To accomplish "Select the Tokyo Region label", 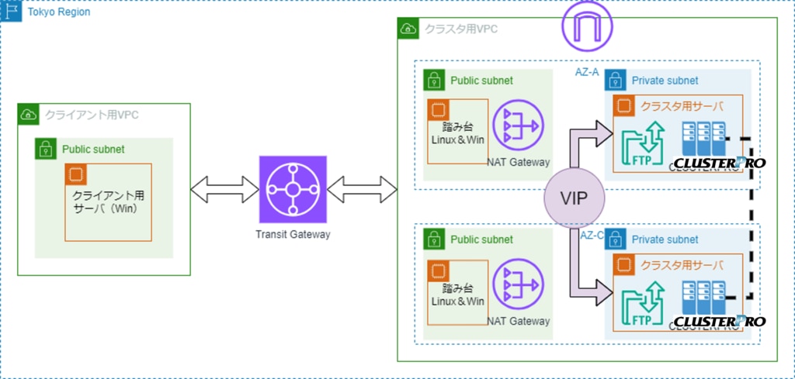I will (x=58, y=12).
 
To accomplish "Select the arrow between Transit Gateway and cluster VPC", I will (x=363, y=187).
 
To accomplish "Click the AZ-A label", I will (x=586, y=71).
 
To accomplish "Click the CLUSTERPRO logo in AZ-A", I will (x=719, y=163).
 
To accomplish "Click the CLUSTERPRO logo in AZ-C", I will (x=719, y=321).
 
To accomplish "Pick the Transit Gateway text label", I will (x=292, y=234).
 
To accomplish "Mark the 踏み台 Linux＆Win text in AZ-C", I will (x=457, y=295).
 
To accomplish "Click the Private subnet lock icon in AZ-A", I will (x=616, y=80).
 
